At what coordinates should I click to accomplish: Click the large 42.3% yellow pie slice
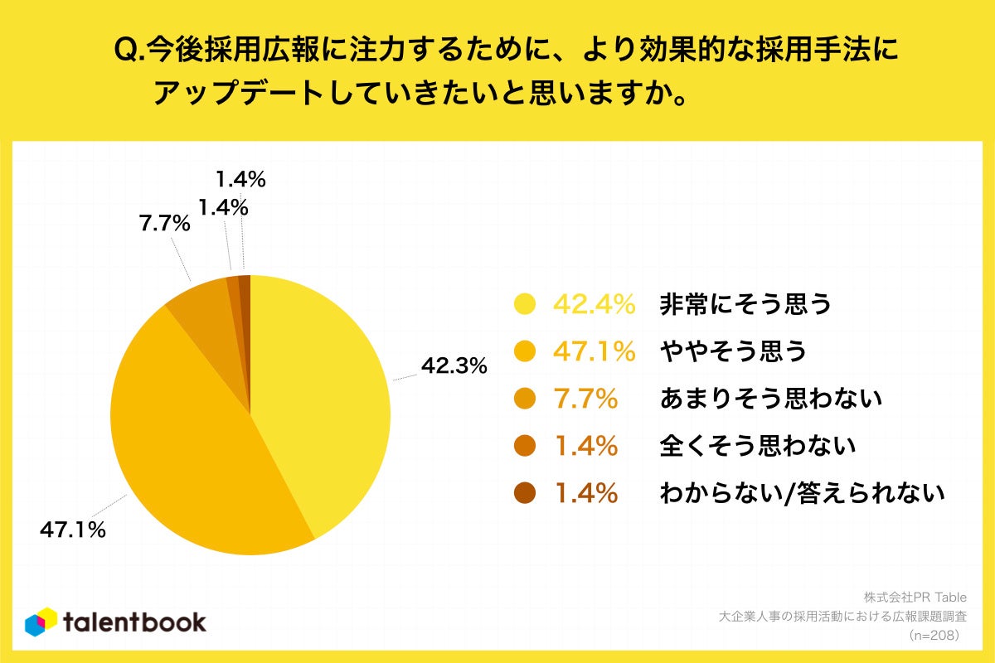[x=323, y=398]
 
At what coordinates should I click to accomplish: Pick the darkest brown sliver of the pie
[x=245, y=286]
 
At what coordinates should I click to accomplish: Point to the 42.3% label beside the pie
[x=454, y=365]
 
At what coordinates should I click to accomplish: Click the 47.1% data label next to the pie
[x=73, y=530]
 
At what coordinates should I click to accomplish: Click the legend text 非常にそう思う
[x=745, y=305]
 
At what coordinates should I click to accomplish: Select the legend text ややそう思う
[x=732, y=352]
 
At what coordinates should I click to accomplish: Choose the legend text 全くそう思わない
[x=757, y=447]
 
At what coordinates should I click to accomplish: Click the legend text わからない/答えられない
[x=802, y=494]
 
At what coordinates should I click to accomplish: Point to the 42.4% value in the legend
[x=594, y=305]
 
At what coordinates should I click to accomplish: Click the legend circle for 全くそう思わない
[x=525, y=447]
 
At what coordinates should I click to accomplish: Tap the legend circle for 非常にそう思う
[x=525, y=305]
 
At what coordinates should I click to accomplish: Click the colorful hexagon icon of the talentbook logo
[x=41, y=622]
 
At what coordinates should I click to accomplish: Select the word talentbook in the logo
[x=135, y=622]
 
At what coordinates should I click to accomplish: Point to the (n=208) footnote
[x=934, y=636]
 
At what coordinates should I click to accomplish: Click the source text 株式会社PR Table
[x=915, y=597]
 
